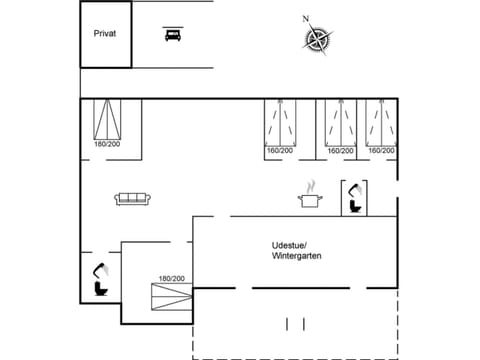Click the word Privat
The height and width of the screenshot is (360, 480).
pos(105,33)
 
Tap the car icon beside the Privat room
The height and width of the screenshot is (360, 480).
pos(172,34)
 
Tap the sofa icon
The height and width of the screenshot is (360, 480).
pos(133,198)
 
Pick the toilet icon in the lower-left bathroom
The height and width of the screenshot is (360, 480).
pos(99,279)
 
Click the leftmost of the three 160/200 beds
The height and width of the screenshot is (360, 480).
pos(282,123)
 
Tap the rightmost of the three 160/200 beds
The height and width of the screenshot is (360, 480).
pos(379,123)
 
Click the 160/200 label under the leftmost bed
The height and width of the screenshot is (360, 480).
pos(279,151)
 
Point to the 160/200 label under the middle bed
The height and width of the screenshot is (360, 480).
pos(341,151)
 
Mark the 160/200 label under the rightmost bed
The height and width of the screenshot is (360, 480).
pos(381,151)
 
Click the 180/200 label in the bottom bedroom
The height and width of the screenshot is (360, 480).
pos(172,278)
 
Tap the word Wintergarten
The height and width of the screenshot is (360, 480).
pos(297,257)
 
